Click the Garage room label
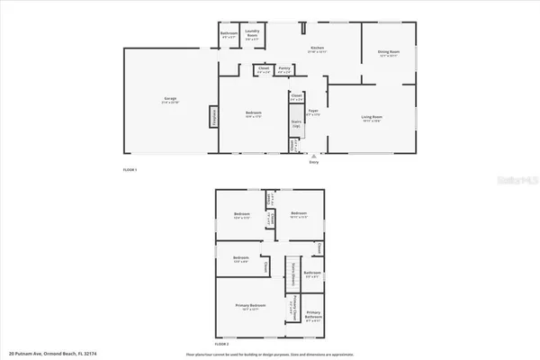click(x=170, y=100)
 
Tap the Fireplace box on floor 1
click(x=214, y=117)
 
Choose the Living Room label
click(x=373, y=118)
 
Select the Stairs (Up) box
click(x=296, y=127)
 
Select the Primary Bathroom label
click(x=313, y=316)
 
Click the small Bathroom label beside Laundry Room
click(x=229, y=36)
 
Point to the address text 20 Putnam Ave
click(x=46, y=354)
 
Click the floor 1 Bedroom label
click(x=254, y=113)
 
